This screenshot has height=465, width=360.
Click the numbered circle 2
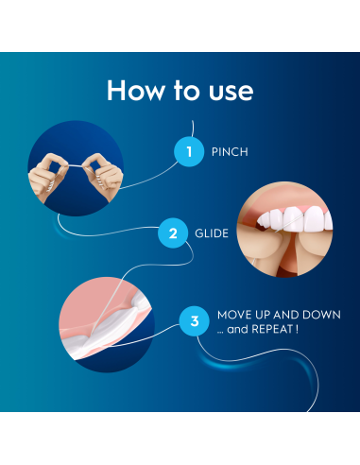click(x=173, y=232)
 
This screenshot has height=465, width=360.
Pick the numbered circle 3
click(x=195, y=321)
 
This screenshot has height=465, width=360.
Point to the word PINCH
click(x=230, y=151)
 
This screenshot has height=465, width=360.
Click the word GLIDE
click(x=213, y=232)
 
